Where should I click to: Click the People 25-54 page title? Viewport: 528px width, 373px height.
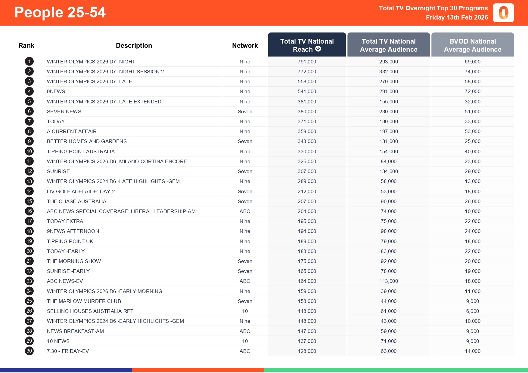pos(60,13)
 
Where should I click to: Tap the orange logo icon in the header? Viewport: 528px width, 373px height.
pos(503,13)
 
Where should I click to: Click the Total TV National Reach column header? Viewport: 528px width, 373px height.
pos(307,45)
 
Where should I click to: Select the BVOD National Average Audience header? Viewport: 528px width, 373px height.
pos(472,45)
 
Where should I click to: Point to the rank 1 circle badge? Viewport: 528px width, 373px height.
pos(29,62)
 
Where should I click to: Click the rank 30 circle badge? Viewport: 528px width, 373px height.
pos(29,351)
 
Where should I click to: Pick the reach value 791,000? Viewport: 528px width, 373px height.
pos(307,62)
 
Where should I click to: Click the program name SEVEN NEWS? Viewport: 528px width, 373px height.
pos(64,112)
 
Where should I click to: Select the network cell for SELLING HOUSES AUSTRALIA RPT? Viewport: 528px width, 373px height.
pos(245,311)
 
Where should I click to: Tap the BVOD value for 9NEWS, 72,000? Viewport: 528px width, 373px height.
pos(472,91)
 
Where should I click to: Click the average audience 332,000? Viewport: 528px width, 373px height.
pos(388,72)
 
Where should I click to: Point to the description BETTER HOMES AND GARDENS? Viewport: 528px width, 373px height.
pos(87,141)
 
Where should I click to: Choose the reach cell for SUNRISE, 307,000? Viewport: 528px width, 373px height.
pos(307,171)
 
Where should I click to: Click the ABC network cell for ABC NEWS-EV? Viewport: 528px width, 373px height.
pos(245,281)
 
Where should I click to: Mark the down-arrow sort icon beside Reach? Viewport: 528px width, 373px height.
pos(318,49)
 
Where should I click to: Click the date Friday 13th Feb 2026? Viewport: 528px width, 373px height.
pos(457,17)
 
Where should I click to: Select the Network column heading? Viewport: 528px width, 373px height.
pos(245,45)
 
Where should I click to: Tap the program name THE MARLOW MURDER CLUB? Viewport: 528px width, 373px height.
pos(84,301)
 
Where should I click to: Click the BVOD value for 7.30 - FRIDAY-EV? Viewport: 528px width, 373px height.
pos(472,351)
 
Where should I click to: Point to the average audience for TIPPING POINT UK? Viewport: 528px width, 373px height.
pos(388,241)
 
